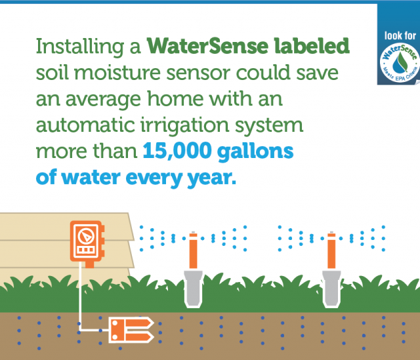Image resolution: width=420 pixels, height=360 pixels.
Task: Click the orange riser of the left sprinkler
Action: (192, 249)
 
